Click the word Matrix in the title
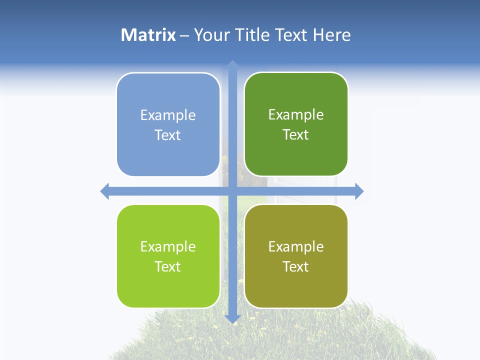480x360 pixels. pyautogui.click(x=148, y=35)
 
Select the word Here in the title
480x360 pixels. pyautogui.click(x=331, y=35)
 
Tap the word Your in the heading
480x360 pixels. pyautogui.click(x=211, y=35)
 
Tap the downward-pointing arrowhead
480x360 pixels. pyautogui.click(x=232, y=318)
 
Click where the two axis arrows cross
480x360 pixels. pyautogui.click(x=232, y=191)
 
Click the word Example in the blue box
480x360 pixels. pyautogui.click(x=168, y=115)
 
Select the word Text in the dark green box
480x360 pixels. pyautogui.click(x=296, y=135)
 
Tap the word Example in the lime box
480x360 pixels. pyautogui.click(x=168, y=247)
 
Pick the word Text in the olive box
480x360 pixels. pyautogui.click(x=296, y=266)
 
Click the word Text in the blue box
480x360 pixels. pyautogui.click(x=168, y=135)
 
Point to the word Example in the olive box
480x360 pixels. pyautogui.click(x=296, y=247)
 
